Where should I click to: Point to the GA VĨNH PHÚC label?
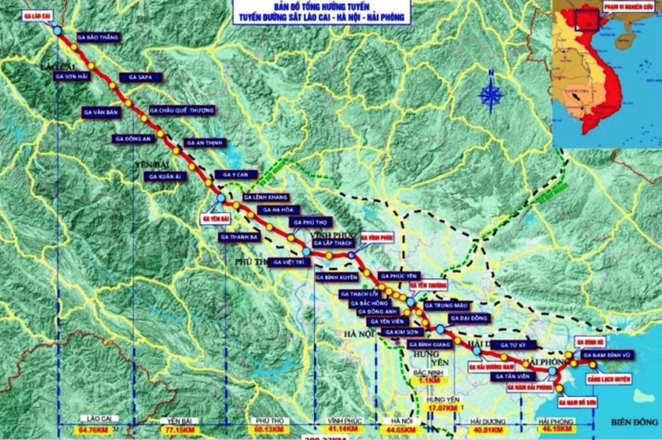coord(378,238)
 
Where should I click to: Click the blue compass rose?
coord(490,94)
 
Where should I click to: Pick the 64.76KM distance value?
coord(93,429)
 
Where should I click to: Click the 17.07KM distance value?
coord(440,409)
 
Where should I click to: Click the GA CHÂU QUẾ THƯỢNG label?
coord(182,110)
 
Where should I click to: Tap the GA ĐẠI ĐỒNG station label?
coord(470,318)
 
